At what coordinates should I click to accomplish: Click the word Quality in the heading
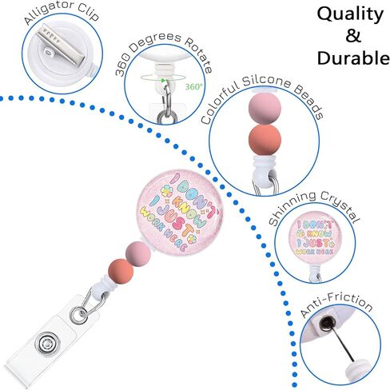[x=350, y=15]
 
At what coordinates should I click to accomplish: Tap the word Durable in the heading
[x=353, y=58]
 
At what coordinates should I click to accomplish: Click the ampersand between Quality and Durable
[x=353, y=36]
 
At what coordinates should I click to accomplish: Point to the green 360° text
[x=194, y=86]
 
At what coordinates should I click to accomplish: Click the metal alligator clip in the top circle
[x=61, y=43]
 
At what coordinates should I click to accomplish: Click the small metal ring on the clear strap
[x=78, y=315]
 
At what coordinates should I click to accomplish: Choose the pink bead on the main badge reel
[x=138, y=254]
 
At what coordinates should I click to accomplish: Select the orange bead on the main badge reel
[x=121, y=272]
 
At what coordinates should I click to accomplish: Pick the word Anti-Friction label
[x=336, y=304]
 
